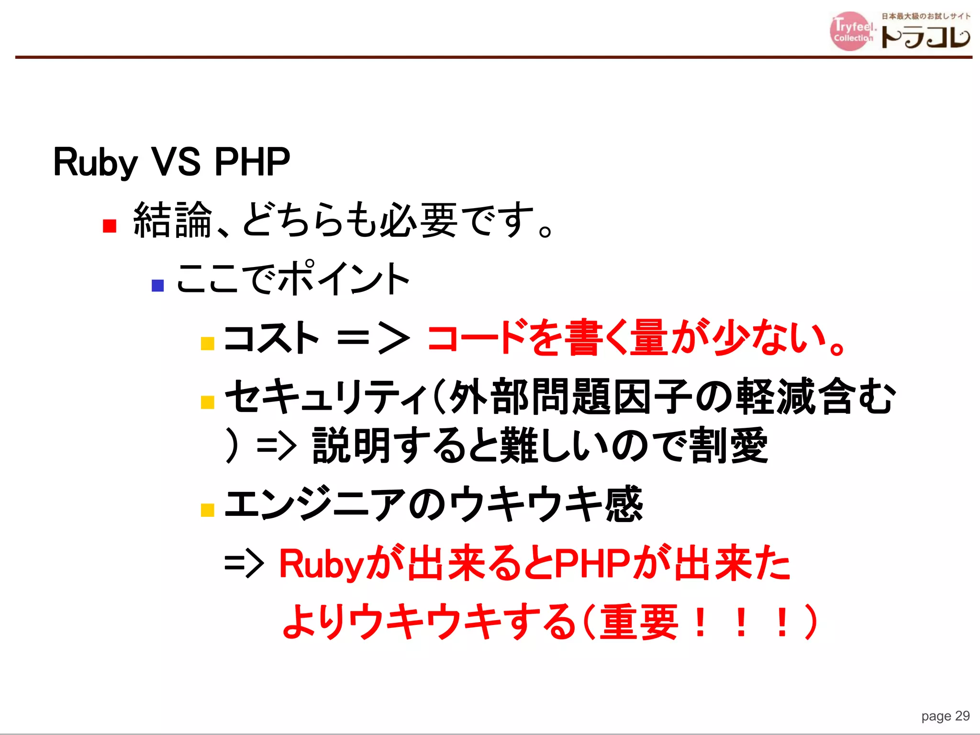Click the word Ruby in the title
(95, 163)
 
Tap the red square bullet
(110, 226)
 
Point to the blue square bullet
(157, 286)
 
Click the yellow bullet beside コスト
(207, 344)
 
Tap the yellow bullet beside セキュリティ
(207, 402)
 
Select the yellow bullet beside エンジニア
(207, 510)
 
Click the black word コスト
(271, 337)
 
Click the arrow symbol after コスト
(373, 338)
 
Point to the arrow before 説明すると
(277, 447)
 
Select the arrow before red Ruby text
(244, 564)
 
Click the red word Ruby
(322, 564)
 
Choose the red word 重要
(639, 622)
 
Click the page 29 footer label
(945, 716)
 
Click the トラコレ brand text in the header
(925, 37)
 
